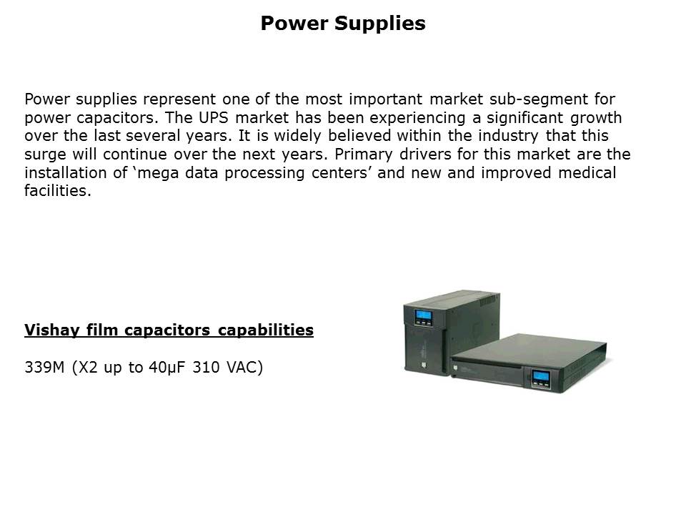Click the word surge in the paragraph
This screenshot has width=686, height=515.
pyautogui.click(x=44, y=154)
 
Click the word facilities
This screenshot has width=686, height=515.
pyautogui.click(x=57, y=192)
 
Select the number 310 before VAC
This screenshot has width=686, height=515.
pyautogui.click(x=208, y=368)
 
